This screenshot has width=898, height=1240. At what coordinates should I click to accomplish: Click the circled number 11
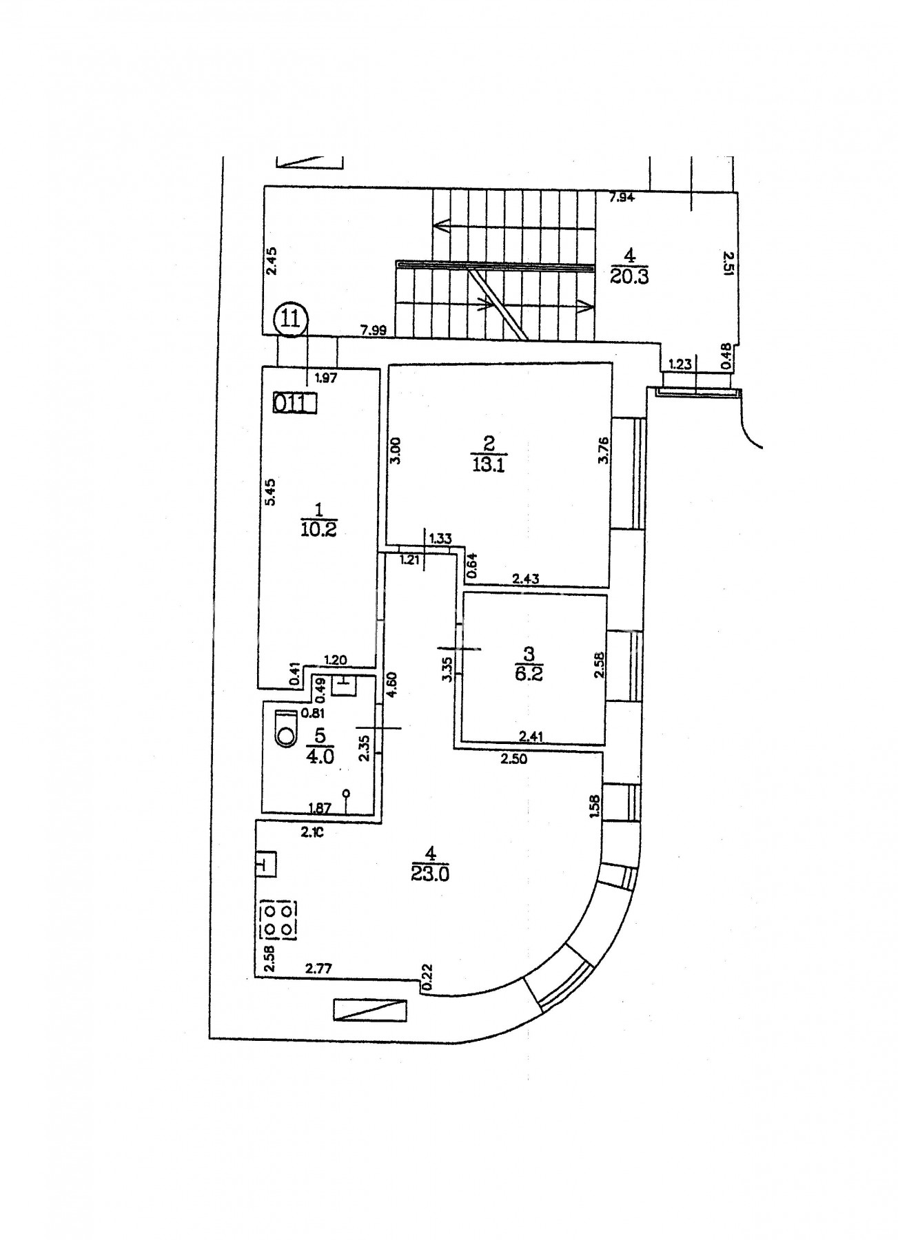292,320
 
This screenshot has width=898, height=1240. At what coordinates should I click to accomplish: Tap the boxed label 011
294,402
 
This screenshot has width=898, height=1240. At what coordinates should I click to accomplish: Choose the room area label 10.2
318,529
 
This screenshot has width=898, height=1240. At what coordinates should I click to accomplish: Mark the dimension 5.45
271,493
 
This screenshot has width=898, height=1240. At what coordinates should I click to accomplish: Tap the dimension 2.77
319,969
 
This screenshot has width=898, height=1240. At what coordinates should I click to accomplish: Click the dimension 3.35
448,669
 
